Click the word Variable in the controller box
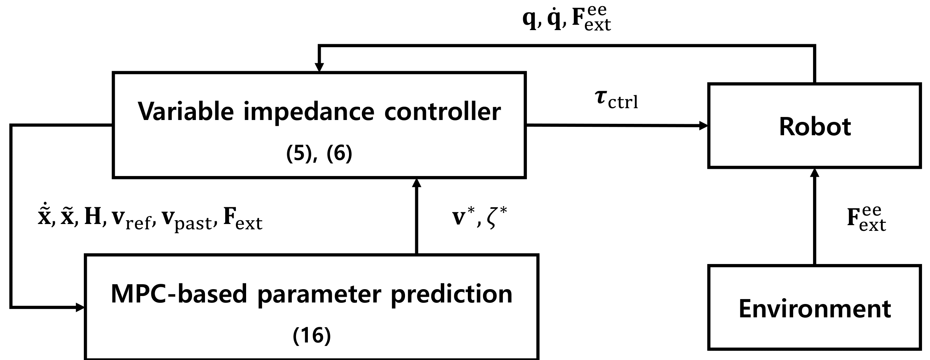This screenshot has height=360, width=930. click(x=185, y=111)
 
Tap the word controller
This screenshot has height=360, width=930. click(x=442, y=111)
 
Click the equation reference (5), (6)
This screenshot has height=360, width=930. click(x=319, y=154)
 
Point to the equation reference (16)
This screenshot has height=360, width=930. click(x=312, y=336)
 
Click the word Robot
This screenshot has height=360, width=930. click(x=815, y=126)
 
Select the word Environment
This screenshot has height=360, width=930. click(x=815, y=309)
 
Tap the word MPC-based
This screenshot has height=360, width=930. click(x=179, y=294)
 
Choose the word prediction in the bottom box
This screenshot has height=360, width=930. click(x=451, y=294)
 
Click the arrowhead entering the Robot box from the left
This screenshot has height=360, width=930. click(x=703, y=126)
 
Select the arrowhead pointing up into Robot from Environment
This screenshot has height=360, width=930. click(x=815, y=173)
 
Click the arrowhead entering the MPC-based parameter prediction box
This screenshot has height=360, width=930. click(x=80, y=307)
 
